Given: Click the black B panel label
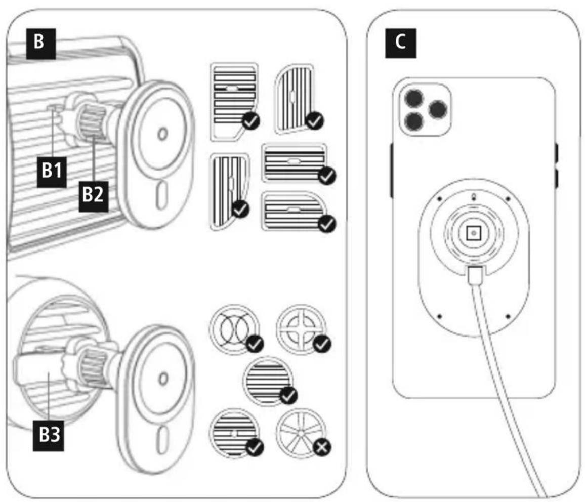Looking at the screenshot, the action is point(40,44).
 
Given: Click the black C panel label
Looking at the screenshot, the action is point(400,43).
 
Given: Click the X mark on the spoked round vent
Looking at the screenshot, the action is point(322,447).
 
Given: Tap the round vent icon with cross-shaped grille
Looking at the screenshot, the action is point(301,329).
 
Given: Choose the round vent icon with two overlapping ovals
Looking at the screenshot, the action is point(234,329).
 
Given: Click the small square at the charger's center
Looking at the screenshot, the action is point(474,233).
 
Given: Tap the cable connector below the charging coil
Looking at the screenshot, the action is point(475,276).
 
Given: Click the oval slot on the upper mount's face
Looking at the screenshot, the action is point(161,195).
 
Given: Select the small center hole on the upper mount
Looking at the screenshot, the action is point(162,134).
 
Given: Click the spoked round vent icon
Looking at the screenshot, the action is point(301,433).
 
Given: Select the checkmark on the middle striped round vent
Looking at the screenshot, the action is point(288,396).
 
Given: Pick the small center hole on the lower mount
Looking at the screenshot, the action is point(163,379).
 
